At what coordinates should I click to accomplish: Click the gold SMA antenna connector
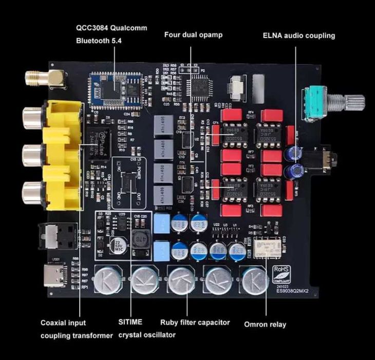[x=44, y=79]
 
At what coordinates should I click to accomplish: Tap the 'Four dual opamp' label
[x=191, y=35]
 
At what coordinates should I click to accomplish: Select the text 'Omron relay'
[x=266, y=324]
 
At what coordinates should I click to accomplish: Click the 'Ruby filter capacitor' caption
[x=195, y=323]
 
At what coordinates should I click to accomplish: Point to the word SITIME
[x=130, y=322]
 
